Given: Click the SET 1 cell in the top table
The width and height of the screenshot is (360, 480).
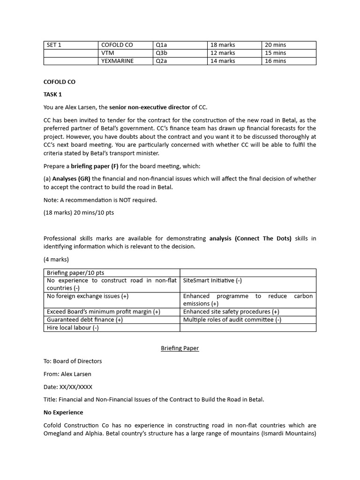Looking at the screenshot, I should point(54,45).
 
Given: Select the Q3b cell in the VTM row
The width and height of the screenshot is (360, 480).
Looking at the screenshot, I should point(161,53).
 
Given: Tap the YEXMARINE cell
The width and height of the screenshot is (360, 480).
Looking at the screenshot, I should point(117,61).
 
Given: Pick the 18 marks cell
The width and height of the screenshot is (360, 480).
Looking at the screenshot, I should point(223,45).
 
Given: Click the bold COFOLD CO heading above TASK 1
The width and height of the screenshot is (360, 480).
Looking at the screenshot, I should point(59,82).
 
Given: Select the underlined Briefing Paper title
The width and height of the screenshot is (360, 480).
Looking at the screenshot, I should point(180,348).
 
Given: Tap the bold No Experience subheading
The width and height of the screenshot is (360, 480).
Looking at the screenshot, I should point(63,412).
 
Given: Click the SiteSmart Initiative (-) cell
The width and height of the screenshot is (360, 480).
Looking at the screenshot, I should point(212,281).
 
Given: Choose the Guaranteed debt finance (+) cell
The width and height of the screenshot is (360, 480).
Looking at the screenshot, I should point(85,320).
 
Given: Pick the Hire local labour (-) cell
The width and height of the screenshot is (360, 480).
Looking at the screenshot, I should point(73,328).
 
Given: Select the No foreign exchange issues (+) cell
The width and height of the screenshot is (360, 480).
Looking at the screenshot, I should point(88,296).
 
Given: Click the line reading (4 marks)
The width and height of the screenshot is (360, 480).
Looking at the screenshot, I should point(56,259).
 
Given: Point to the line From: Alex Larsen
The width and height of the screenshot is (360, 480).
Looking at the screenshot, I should point(67,374).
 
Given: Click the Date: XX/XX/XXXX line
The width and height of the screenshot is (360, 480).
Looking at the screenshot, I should point(68,387).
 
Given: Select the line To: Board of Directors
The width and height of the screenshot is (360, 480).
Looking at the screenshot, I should point(73,361).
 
